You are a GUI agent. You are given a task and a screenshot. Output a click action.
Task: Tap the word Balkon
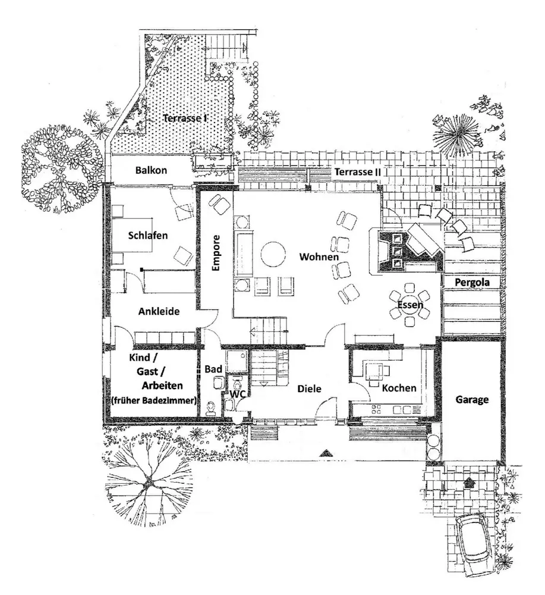pyautogui.click(x=151, y=170)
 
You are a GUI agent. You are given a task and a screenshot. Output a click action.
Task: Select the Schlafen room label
pyautogui.click(x=148, y=235)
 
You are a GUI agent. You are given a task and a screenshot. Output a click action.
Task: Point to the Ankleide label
pyautogui.click(x=159, y=311)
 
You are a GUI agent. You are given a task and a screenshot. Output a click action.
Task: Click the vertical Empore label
pyautogui.click(x=216, y=254)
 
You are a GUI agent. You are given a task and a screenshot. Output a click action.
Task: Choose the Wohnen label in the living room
pyautogui.click(x=319, y=257)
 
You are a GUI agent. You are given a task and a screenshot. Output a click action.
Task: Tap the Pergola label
pyautogui.click(x=472, y=283)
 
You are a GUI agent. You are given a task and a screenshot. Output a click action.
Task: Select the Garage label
pyautogui.click(x=472, y=400)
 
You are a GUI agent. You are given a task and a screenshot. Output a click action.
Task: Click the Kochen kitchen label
pyautogui.click(x=399, y=388)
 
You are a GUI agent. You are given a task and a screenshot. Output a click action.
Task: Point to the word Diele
pyautogui.click(x=309, y=389)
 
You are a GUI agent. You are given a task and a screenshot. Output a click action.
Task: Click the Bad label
pyautogui.click(x=213, y=369)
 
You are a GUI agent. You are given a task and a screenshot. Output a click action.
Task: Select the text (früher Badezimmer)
pyautogui.click(x=154, y=401)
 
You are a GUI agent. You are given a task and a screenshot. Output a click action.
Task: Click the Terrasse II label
pyautogui.click(x=357, y=171)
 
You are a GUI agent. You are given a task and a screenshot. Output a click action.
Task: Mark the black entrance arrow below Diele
pyautogui.click(x=325, y=453)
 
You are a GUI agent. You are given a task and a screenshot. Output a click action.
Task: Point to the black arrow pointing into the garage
pyautogui.click(x=469, y=482)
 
